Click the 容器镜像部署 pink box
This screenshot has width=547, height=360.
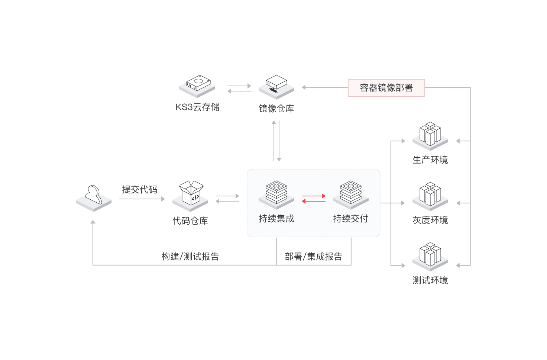coord(386,88)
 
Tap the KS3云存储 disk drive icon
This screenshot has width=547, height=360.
coord(197,87)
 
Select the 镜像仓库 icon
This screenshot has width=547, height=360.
coord(276,87)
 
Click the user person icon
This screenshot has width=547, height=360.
coord(94,198)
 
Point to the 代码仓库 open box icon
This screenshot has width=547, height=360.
coord(190,196)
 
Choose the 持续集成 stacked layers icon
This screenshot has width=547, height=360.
coord(276,195)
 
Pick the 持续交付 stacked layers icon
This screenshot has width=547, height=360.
coord(351,195)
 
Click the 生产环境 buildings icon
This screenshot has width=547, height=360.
coord(430,136)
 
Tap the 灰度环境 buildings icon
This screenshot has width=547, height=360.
coord(430,196)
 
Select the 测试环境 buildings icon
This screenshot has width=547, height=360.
coord(430,257)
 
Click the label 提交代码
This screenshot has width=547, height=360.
coord(140,190)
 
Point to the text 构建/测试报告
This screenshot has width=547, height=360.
coord(190,257)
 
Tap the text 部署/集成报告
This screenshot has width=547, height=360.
coord(314,257)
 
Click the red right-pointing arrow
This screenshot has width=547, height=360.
coord(314,196)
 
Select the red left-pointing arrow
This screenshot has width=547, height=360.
coord(314,201)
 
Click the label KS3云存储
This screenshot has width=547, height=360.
coord(197,107)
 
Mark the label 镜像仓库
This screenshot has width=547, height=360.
coord(276,109)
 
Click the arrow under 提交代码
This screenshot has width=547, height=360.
coord(142,199)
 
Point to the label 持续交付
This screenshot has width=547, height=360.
coord(351,219)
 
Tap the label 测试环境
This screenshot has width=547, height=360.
coord(430,280)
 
